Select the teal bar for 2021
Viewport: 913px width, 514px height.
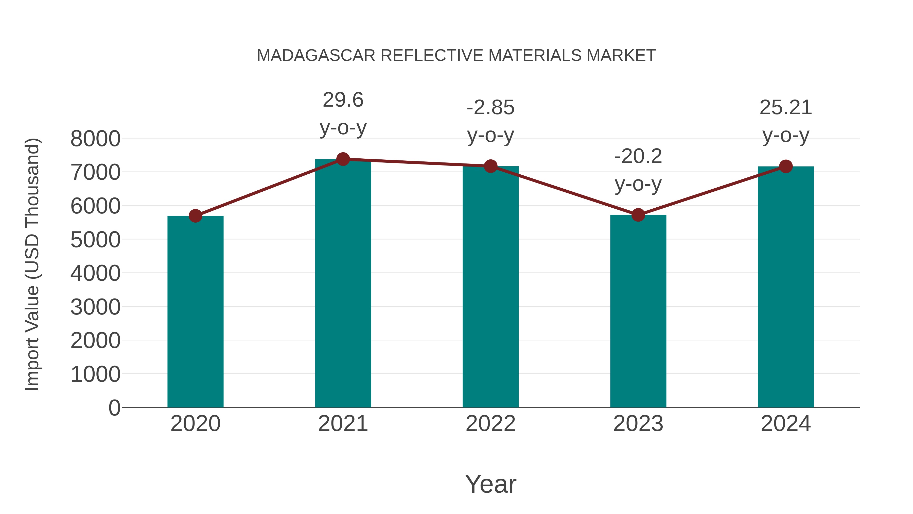pos(343,284)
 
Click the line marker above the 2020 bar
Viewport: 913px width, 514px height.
pos(195,216)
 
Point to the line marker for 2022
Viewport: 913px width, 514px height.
pos(490,166)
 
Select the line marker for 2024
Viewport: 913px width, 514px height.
pos(786,166)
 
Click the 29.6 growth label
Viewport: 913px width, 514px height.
pos(343,100)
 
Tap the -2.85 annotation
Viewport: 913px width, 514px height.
pos(490,108)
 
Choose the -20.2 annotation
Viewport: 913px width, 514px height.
pos(638,156)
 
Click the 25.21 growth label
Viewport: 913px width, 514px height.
pos(786,108)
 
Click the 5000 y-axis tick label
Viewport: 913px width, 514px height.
pos(95,240)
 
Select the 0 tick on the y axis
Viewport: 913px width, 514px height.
pos(114,408)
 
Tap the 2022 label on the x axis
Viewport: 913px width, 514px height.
pos(490,424)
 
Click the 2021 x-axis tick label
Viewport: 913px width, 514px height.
pos(343,424)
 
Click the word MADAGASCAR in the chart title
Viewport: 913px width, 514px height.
pos(316,56)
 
